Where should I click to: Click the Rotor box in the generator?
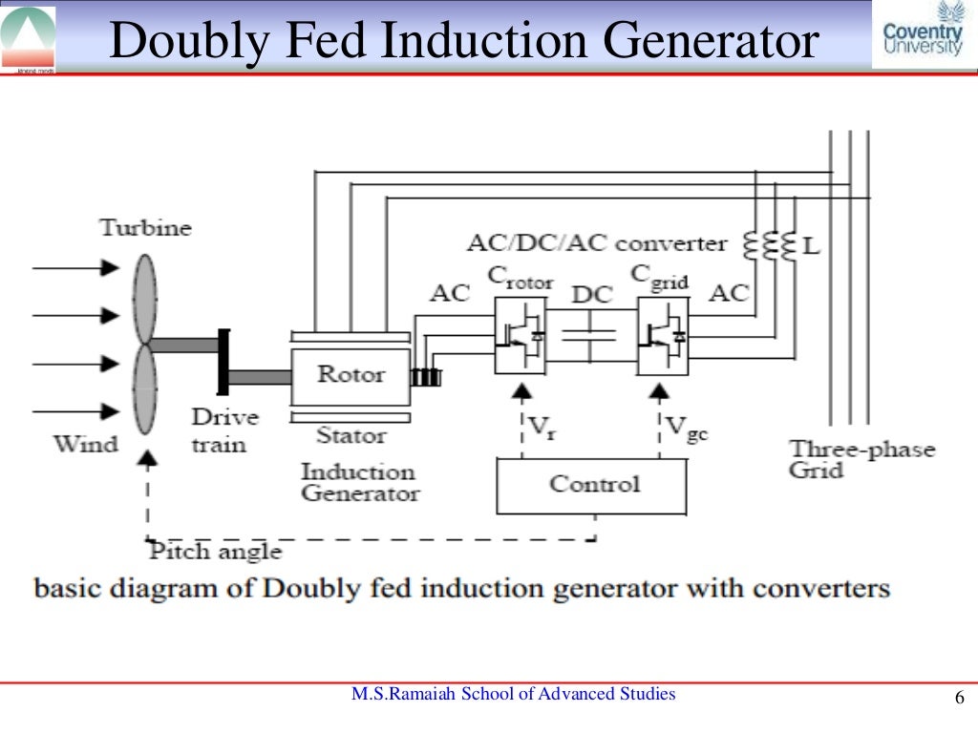tap(350, 374)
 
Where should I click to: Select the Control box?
tap(590, 485)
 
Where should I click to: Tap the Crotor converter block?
tap(521, 335)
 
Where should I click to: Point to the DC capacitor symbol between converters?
tap(591, 336)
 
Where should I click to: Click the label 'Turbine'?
tap(145, 228)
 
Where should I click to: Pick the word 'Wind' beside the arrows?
tap(85, 444)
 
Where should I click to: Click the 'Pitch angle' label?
tap(215, 552)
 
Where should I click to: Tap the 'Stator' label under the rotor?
tap(351, 436)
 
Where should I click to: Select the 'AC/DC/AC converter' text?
tap(597, 243)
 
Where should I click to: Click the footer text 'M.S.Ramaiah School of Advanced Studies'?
tap(513, 694)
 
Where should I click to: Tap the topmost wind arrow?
tap(76, 269)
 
